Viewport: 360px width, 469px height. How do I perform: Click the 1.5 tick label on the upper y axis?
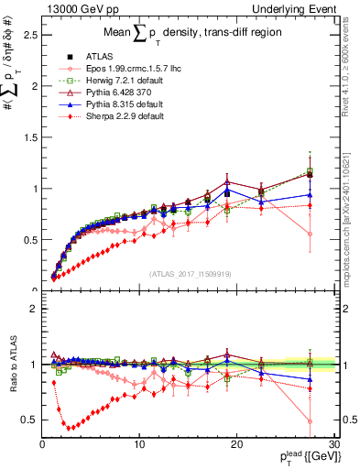click(x=29, y=137)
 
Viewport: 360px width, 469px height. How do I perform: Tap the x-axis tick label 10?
click(x=139, y=443)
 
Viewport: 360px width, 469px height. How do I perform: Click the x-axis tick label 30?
click(x=334, y=443)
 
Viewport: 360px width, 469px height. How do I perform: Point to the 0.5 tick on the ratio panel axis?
click(x=29, y=420)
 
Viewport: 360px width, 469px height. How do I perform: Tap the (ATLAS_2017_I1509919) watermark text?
click(x=189, y=274)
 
